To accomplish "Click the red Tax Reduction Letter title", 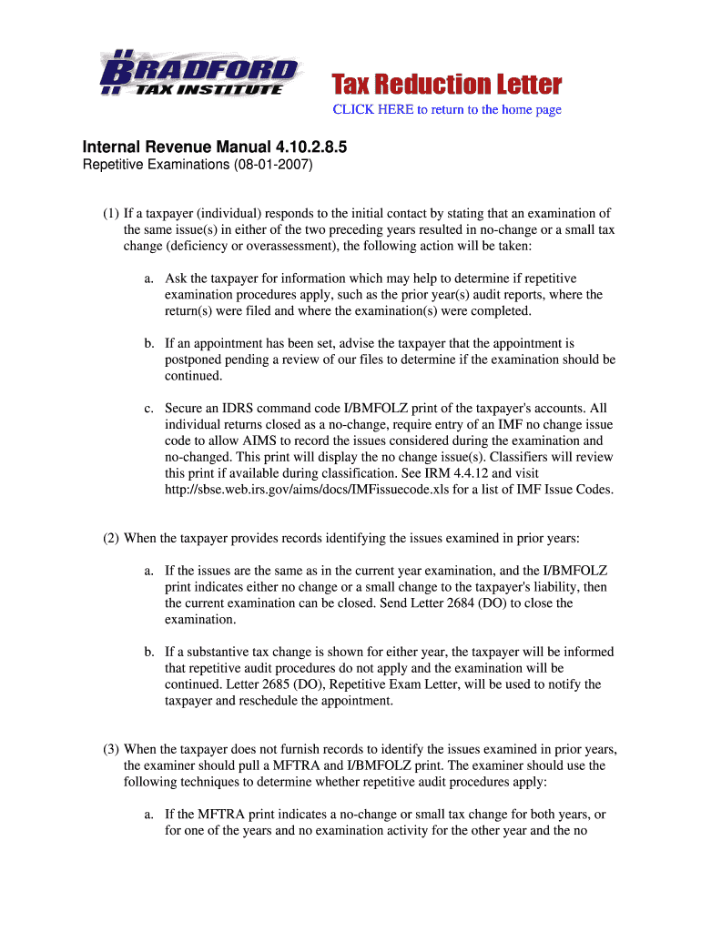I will [446, 86].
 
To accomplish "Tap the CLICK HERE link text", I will [373, 110].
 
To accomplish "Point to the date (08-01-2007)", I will [269, 166].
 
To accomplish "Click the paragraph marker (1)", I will [111, 214].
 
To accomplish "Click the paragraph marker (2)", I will [111, 538].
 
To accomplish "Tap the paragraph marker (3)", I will [111, 749].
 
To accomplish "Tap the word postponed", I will [196, 360].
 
